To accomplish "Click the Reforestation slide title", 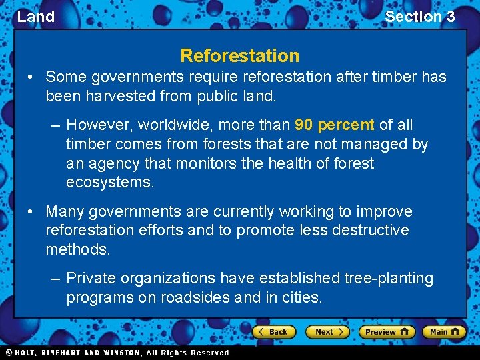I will pyautogui.click(x=239, y=55).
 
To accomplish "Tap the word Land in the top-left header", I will pyautogui.click(x=35, y=17).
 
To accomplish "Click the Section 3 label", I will pyautogui.click(x=419, y=17).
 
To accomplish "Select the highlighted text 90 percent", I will pyautogui.click(x=334, y=125).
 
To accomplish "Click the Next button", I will pyautogui.click(x=327, y=331).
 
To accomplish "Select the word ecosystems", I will pyautogui.click(x=110, y=182).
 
